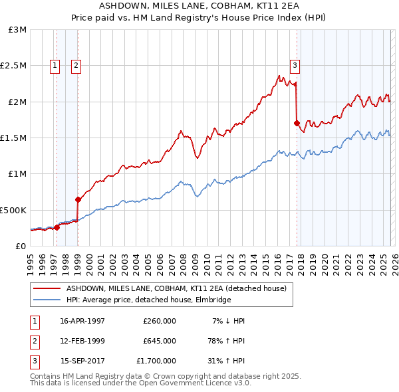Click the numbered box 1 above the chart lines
tap(54, 65)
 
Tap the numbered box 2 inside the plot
tap(76, 65)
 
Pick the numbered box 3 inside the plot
tap(295, 65)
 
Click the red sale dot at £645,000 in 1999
tap(78, 199)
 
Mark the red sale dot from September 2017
tap(297, 123)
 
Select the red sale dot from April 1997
tap(57, 227)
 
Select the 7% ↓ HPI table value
tap(228, 321)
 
